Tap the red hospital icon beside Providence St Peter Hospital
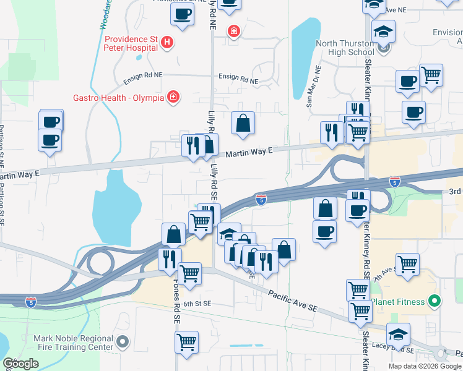coord(167,43)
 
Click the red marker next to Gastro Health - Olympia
coord(174,97)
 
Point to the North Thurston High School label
coord(345,48)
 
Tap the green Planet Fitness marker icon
coord(435,302)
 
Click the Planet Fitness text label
coord(398,302)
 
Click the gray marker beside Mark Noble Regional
coord(123,340)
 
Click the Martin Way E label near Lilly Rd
coord(249,152)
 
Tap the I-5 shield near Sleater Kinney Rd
coord(395,181)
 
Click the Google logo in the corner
coord(21,364)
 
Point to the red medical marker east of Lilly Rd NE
coord(233,30)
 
